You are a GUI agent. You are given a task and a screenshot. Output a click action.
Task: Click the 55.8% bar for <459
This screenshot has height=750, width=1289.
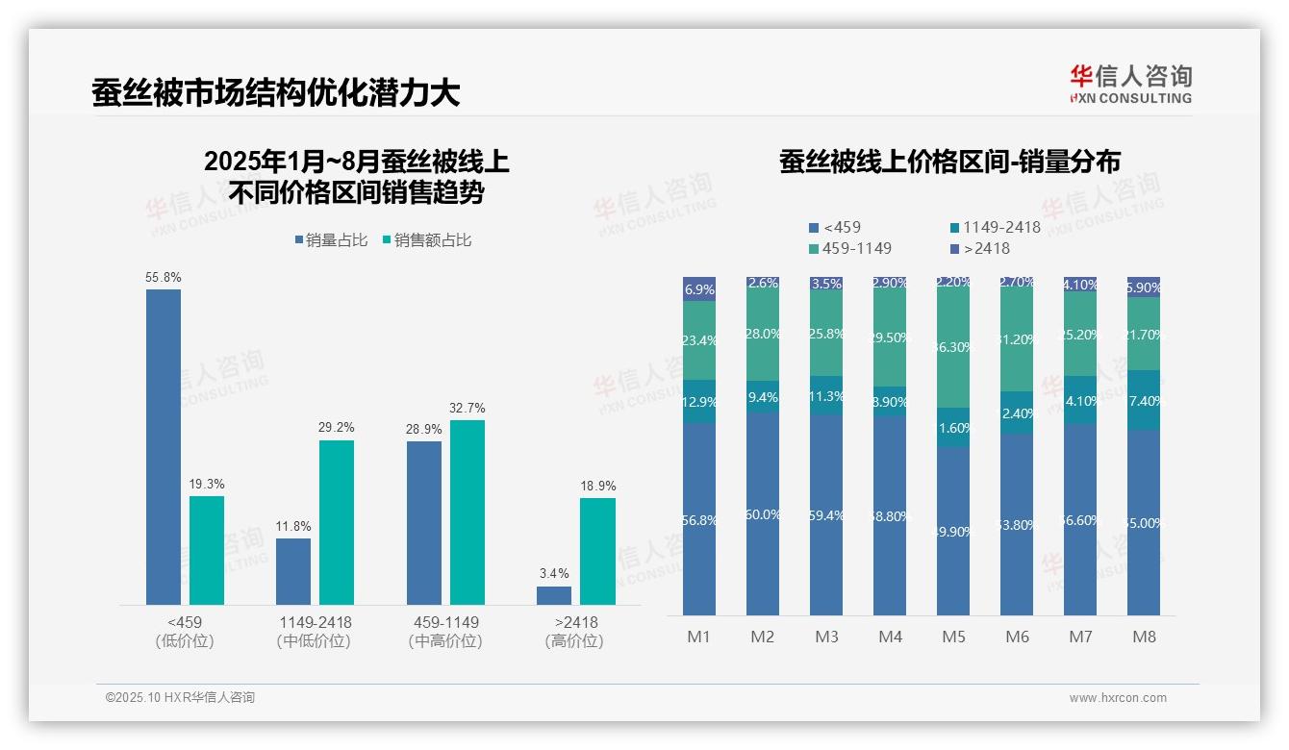tap(164, 446)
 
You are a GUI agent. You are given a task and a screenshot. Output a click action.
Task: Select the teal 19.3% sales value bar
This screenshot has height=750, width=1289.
tap(207, 550)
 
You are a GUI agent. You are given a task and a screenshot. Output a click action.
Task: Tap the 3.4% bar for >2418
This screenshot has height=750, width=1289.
tap(554, 595)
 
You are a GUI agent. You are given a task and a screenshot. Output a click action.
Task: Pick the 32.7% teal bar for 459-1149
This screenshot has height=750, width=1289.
tap(468, 512)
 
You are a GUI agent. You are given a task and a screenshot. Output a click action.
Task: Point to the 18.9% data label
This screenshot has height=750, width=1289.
tap(597, 487)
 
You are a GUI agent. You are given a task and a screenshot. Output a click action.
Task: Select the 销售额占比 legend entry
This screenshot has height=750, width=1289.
tap(427, 240)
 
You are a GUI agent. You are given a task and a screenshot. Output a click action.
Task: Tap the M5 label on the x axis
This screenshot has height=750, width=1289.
tap(953, 637)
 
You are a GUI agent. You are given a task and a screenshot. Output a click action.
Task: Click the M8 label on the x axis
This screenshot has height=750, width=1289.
tap(1144, 637)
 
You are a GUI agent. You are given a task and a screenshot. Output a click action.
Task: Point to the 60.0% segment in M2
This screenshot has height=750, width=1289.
tap(763, 513)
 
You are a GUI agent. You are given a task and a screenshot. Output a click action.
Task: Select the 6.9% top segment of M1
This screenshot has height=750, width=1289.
tap(699, 289)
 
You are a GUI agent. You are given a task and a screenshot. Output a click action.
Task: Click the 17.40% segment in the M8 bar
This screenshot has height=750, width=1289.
tap(1144, 400)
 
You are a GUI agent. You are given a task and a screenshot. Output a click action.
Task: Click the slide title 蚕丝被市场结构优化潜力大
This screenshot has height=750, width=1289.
tap(276, 92)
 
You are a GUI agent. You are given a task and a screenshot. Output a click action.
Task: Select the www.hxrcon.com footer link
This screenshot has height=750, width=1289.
tap(1118, 698)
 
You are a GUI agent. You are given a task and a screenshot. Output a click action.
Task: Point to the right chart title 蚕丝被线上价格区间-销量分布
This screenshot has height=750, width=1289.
tap(950, 162)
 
